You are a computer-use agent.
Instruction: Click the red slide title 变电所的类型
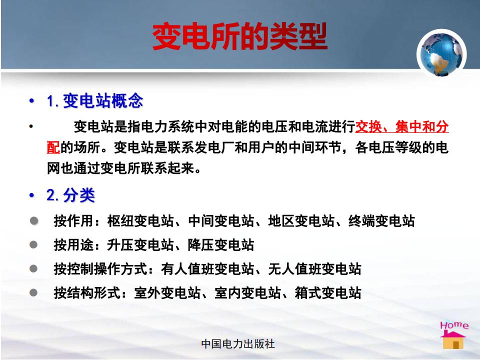(x=239, y=36)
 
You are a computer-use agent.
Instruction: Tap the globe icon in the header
(x=441, y=53)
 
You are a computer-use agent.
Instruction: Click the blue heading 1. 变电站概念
(x=95, y=100)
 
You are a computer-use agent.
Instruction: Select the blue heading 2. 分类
(x=70, y=195)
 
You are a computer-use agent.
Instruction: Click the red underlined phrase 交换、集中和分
(x=402, y=126)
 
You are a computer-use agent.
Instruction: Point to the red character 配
(x=53, y=147)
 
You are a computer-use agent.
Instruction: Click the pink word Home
(x=454, y=325)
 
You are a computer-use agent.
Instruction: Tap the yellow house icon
(x=453, y=340)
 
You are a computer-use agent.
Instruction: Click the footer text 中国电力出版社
(x=238, y=344)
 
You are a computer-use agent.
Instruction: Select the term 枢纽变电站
(x=140, y=221)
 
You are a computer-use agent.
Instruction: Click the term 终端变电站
(x=381, y=221)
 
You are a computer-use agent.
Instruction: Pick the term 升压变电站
(x=140, y=245)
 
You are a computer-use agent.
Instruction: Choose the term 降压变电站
(x=220, y=245)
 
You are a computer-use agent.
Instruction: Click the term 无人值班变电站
(x=314, y=269)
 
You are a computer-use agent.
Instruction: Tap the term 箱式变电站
(x=328, y=293)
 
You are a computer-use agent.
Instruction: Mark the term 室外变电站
(x=167, y=293)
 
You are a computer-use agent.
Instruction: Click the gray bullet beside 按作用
(x=33, y=220)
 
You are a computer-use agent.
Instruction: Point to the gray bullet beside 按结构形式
(x=33, y=292)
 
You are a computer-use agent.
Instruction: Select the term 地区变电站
(x=301, y=221)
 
